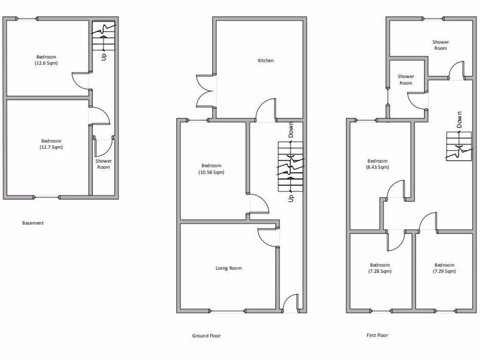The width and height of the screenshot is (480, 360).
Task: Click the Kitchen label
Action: [x=266, y=60]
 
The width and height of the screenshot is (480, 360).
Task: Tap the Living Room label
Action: [x=229, y=268]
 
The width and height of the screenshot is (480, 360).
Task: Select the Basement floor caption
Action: [x=33, y=223]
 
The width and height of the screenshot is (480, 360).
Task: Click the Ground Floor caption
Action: [x=206, y=336]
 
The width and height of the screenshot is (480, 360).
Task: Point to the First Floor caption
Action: [x=377, y=335]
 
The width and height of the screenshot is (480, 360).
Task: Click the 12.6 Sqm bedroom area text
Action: [x=46, y=63]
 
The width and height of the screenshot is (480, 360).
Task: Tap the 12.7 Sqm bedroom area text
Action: [x=51, y=147]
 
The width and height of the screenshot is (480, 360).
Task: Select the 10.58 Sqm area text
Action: [x=211, y=172]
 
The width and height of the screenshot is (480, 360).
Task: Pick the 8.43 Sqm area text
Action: [x=377, y=167]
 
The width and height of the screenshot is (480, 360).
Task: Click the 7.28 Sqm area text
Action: [x=380, y=271]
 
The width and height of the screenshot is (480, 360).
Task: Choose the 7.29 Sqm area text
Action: [x=444, y=271]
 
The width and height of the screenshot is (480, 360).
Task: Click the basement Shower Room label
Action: [x=104, y=164]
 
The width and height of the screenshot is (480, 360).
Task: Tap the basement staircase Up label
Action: [x=104, y=56]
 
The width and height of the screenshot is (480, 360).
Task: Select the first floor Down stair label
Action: [x=459, y=120]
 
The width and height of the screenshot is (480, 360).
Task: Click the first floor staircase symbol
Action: [x=458, y=146]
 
